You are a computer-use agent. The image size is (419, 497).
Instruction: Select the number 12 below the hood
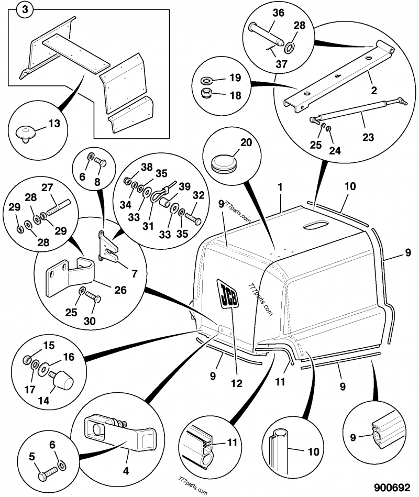237,383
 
